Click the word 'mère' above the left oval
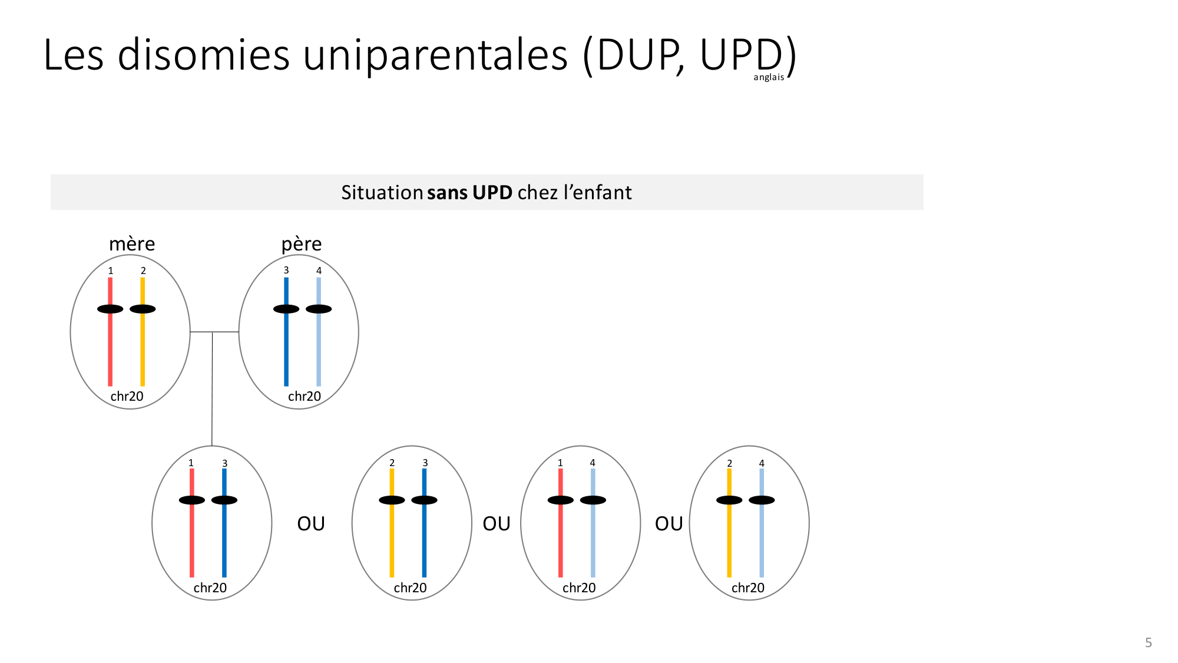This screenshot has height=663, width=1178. pyautogui.click(x=132, y=244)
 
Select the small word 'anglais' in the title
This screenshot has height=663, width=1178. pyautogui.click(x=769, y=77)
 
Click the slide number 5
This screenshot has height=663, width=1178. pyautogui.click(x=1148, y=642)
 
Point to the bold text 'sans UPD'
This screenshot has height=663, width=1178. pyautogui.click(x=470, y=192)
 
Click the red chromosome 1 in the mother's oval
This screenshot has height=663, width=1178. pyautogui.click(x=110, y=332)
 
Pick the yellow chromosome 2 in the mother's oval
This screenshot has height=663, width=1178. pyautogui.click(x=143, y=332)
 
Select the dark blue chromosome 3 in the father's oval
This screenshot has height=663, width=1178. pyautogui.click(x=286, y=332)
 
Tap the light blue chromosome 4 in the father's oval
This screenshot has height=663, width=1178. pyautogui.click(x=319, y=332)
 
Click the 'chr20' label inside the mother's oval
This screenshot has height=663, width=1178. pyautogui.click(x=127, y=396)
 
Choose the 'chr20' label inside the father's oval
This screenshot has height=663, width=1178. pyautogui.click(x=305, y=396)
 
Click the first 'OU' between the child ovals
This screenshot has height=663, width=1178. pyautogui.click(x=311, y=523)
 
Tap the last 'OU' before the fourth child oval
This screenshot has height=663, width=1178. pyautogui.click(x=669, y=523)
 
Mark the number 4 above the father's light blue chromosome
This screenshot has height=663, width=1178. pyautogui.click(x=319, y=271)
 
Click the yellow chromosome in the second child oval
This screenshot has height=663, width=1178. pyautogui.click(x=392, y=523)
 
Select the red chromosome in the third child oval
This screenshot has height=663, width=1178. pyautogui.click(x=560, y=523)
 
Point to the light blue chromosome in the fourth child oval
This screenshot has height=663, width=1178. pyautogui.click(x=762, y=523)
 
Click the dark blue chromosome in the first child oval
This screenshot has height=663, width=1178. pyautogui.click(x=224, y=523)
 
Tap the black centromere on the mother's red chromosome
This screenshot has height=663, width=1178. pyautogui.click(x=110, y=309)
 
